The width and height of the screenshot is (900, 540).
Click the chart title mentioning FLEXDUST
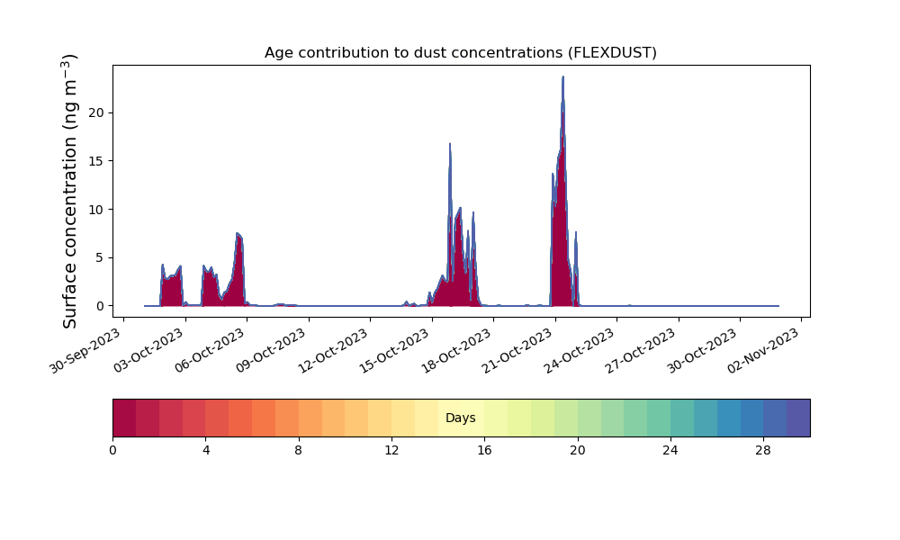click(x=460, y=53)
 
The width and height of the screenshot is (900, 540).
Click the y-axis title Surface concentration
click(x=69, y=192)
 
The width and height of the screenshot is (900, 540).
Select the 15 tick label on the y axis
click(x=96, y=161)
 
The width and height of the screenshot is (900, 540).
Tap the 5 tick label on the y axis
click(x=101, y=257)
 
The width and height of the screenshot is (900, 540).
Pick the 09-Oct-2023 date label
click(x=271, y=351)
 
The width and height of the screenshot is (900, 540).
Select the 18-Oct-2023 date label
click(x=456, y=351)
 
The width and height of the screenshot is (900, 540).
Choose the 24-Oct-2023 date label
click(x=580, y=351)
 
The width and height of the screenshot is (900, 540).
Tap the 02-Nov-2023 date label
click(x=764, y=351)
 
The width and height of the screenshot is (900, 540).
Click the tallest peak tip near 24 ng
click(x=563, y=76)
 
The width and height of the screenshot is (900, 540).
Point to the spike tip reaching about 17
click(x=450, y=143)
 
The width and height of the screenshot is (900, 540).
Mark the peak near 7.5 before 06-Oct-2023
click(x=238, y=233)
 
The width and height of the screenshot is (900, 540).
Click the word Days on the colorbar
click(x=460, y=418)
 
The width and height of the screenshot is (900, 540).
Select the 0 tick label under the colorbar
click(x=112, y=451)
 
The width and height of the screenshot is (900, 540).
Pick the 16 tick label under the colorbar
click(x=484, y=451)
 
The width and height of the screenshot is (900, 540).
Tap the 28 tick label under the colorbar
click(x=763, y=451)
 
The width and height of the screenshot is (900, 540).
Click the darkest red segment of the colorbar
click(x=124, y=418)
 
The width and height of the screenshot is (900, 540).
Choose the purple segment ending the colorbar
click(x=798, y=418)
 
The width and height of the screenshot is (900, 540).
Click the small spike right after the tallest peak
click(x=576, y=232)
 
